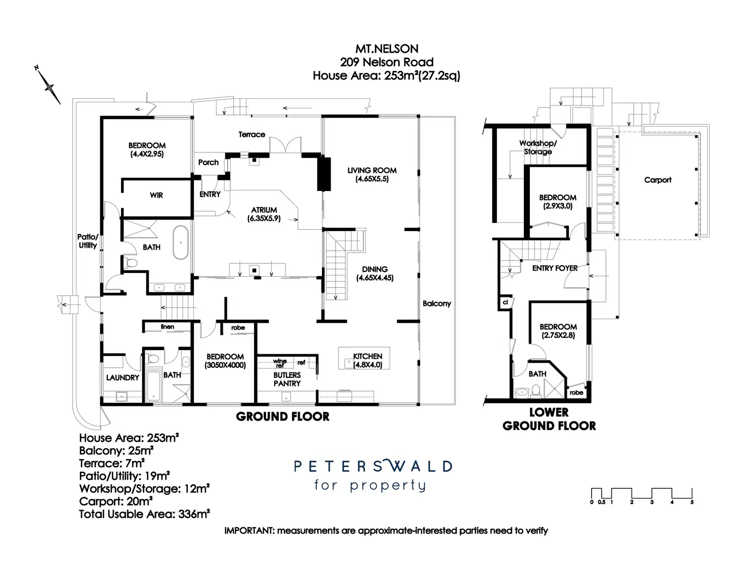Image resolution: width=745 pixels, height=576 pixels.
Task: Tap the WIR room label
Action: click(156, 195)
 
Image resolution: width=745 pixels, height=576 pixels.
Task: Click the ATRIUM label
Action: click(264, 210)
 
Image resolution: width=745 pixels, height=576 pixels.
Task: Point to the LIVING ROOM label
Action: click(372, 170)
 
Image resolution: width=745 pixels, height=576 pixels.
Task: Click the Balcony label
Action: click(437, 303)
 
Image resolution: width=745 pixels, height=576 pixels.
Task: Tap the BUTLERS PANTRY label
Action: click(287, 379)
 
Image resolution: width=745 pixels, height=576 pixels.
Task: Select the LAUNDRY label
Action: click(122, 377)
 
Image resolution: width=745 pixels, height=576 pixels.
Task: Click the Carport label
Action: click(657, 180)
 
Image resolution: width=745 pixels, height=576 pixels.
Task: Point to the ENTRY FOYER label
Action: click(555, 268)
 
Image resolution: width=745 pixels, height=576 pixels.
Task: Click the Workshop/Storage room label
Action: click(538, 147)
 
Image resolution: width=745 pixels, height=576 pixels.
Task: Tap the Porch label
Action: click(209, 162)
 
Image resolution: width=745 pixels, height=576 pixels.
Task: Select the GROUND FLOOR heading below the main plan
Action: click(283, 417)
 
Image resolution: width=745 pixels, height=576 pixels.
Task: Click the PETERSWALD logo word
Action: click(373, 466)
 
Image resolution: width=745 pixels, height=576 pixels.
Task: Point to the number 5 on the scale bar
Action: click(692, 502)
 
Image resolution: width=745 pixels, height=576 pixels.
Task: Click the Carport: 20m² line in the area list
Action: click(116, 501)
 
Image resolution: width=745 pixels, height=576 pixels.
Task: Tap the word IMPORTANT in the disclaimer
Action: click(248, 531)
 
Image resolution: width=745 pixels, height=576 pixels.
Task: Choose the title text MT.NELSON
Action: click(387, 49)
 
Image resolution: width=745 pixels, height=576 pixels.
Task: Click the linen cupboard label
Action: click(168, 327)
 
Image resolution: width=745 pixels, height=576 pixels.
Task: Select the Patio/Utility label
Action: click(88, 241)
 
